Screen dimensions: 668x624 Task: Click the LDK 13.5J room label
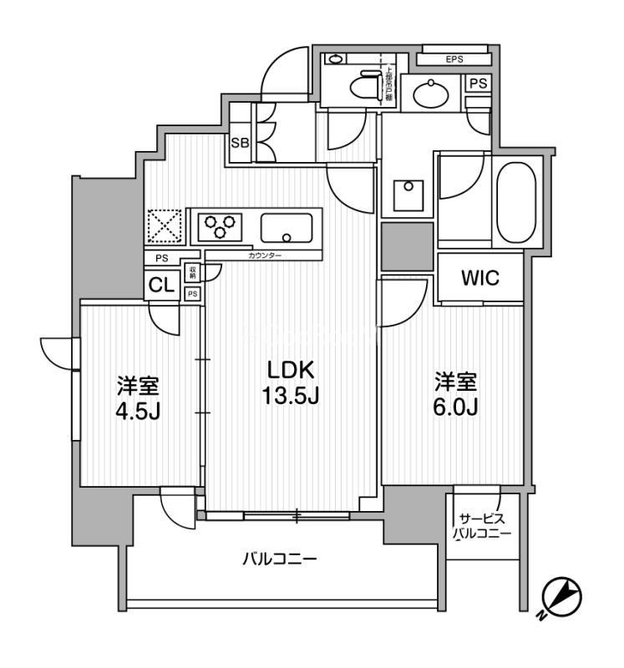point(292,382)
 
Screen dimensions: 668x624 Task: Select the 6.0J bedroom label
point(454,396)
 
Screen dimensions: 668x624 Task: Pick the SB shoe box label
point(240,143)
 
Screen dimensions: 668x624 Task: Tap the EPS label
point(454,59)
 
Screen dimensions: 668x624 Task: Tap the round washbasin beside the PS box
point(432,93)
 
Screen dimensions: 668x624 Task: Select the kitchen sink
point(287,226)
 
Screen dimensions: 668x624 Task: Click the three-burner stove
point(221,226)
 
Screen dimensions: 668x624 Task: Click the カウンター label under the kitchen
point(265,255)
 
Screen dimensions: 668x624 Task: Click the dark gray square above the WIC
point(407,247)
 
